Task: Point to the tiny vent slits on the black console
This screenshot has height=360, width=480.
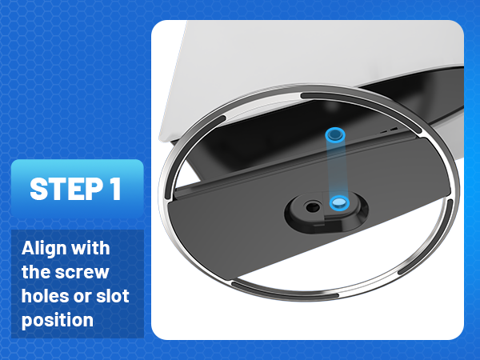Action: click(x=390, y=129)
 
